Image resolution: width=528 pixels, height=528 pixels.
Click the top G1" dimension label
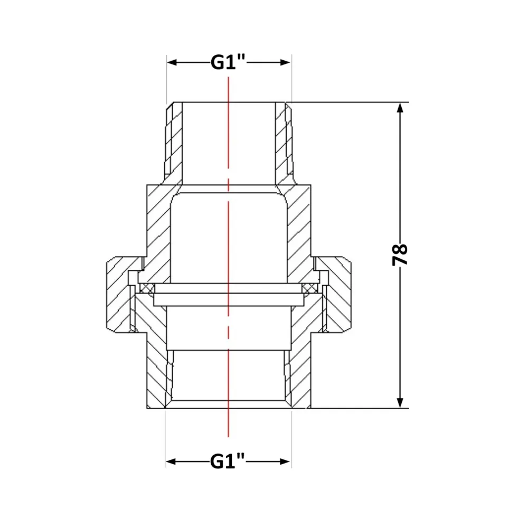228,62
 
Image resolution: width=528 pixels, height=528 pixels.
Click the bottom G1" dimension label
228,461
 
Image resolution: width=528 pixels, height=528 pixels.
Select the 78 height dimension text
400,255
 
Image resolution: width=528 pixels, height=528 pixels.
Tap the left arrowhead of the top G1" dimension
172,62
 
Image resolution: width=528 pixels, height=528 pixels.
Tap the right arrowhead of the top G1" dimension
285,62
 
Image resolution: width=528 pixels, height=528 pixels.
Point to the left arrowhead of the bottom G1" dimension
171,461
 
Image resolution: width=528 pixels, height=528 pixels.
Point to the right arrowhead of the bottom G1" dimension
285,461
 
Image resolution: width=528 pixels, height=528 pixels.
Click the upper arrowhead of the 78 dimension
400,108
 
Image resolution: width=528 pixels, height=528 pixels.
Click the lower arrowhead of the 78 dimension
400,403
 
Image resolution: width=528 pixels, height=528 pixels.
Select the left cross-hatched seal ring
147,288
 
